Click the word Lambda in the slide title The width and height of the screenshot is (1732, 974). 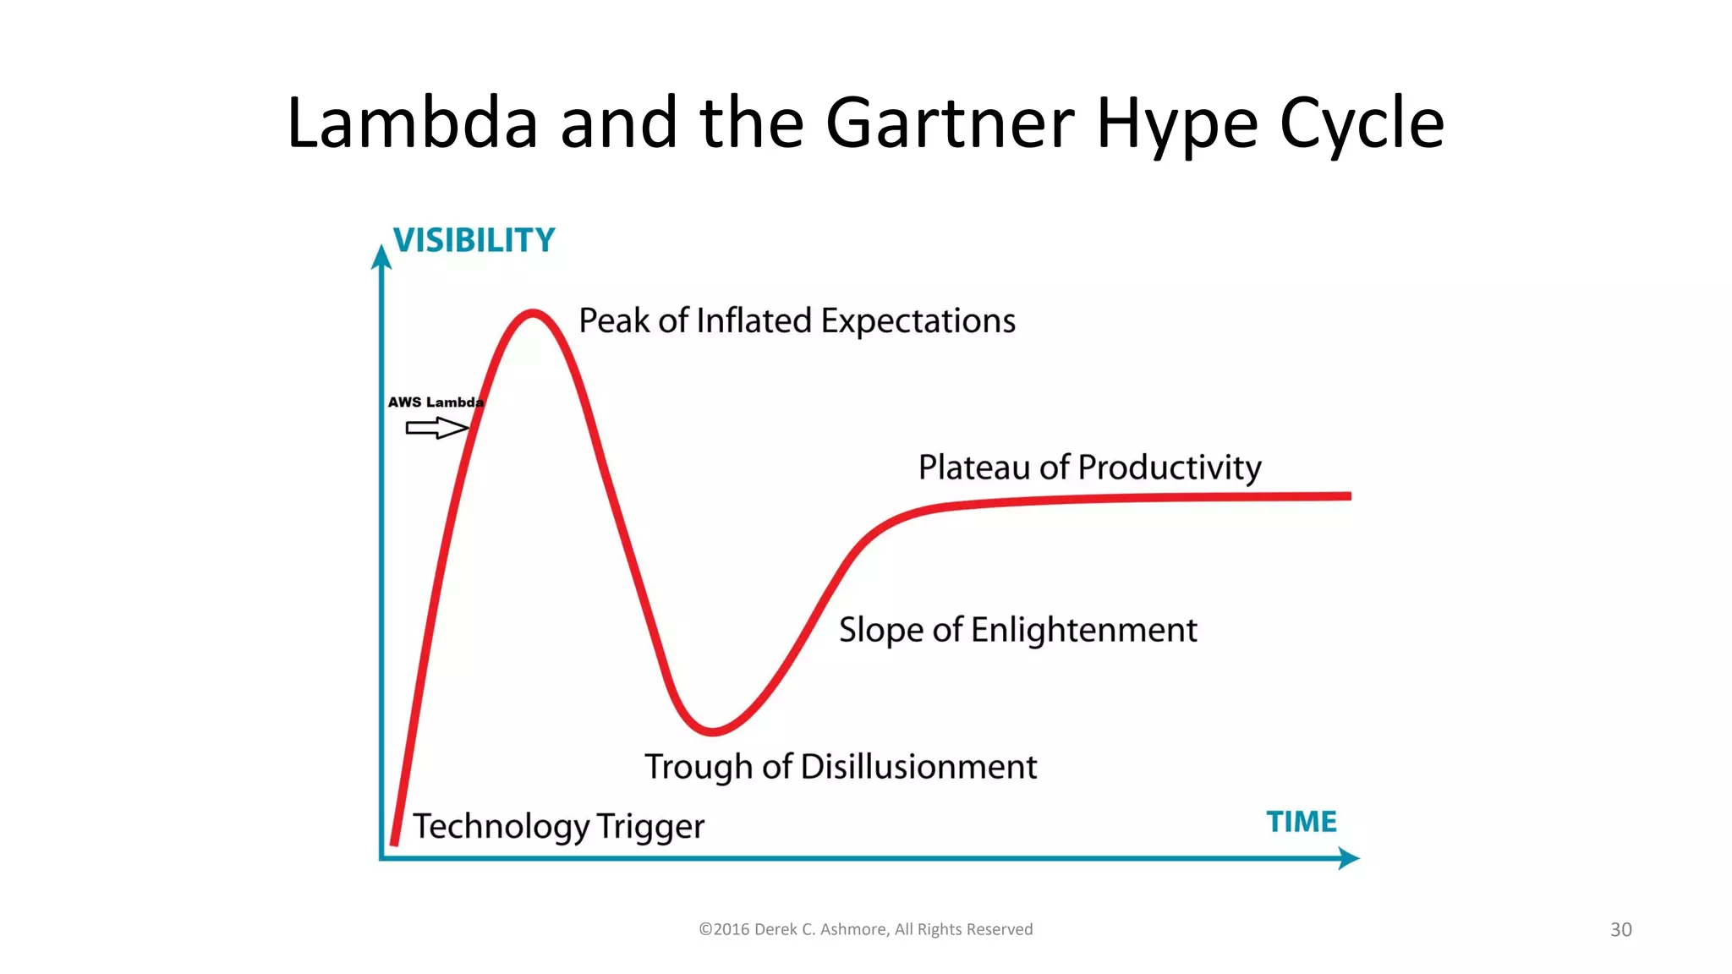tap(412, 123)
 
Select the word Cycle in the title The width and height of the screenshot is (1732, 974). tap(1361, 123)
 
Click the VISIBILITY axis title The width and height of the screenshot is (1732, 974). tap(474, 241)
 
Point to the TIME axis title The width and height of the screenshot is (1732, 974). tap(1301, 822)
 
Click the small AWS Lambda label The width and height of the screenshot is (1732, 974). tap(436, 402)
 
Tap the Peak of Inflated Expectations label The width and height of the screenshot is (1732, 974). tap(797, 321)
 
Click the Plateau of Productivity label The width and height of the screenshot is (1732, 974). tap(1089, 468)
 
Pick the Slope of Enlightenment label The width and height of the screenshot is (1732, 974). tap(1017, 630)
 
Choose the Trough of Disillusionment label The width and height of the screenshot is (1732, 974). tap(841, 767)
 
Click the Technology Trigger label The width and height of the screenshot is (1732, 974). tap(558, 826)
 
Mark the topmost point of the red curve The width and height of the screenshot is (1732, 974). tap(533, 314)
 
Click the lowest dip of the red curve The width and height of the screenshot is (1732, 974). tap(712, 730)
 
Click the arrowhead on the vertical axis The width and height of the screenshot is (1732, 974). tap(381, 256)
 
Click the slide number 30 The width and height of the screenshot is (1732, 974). tap(1620, 930)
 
